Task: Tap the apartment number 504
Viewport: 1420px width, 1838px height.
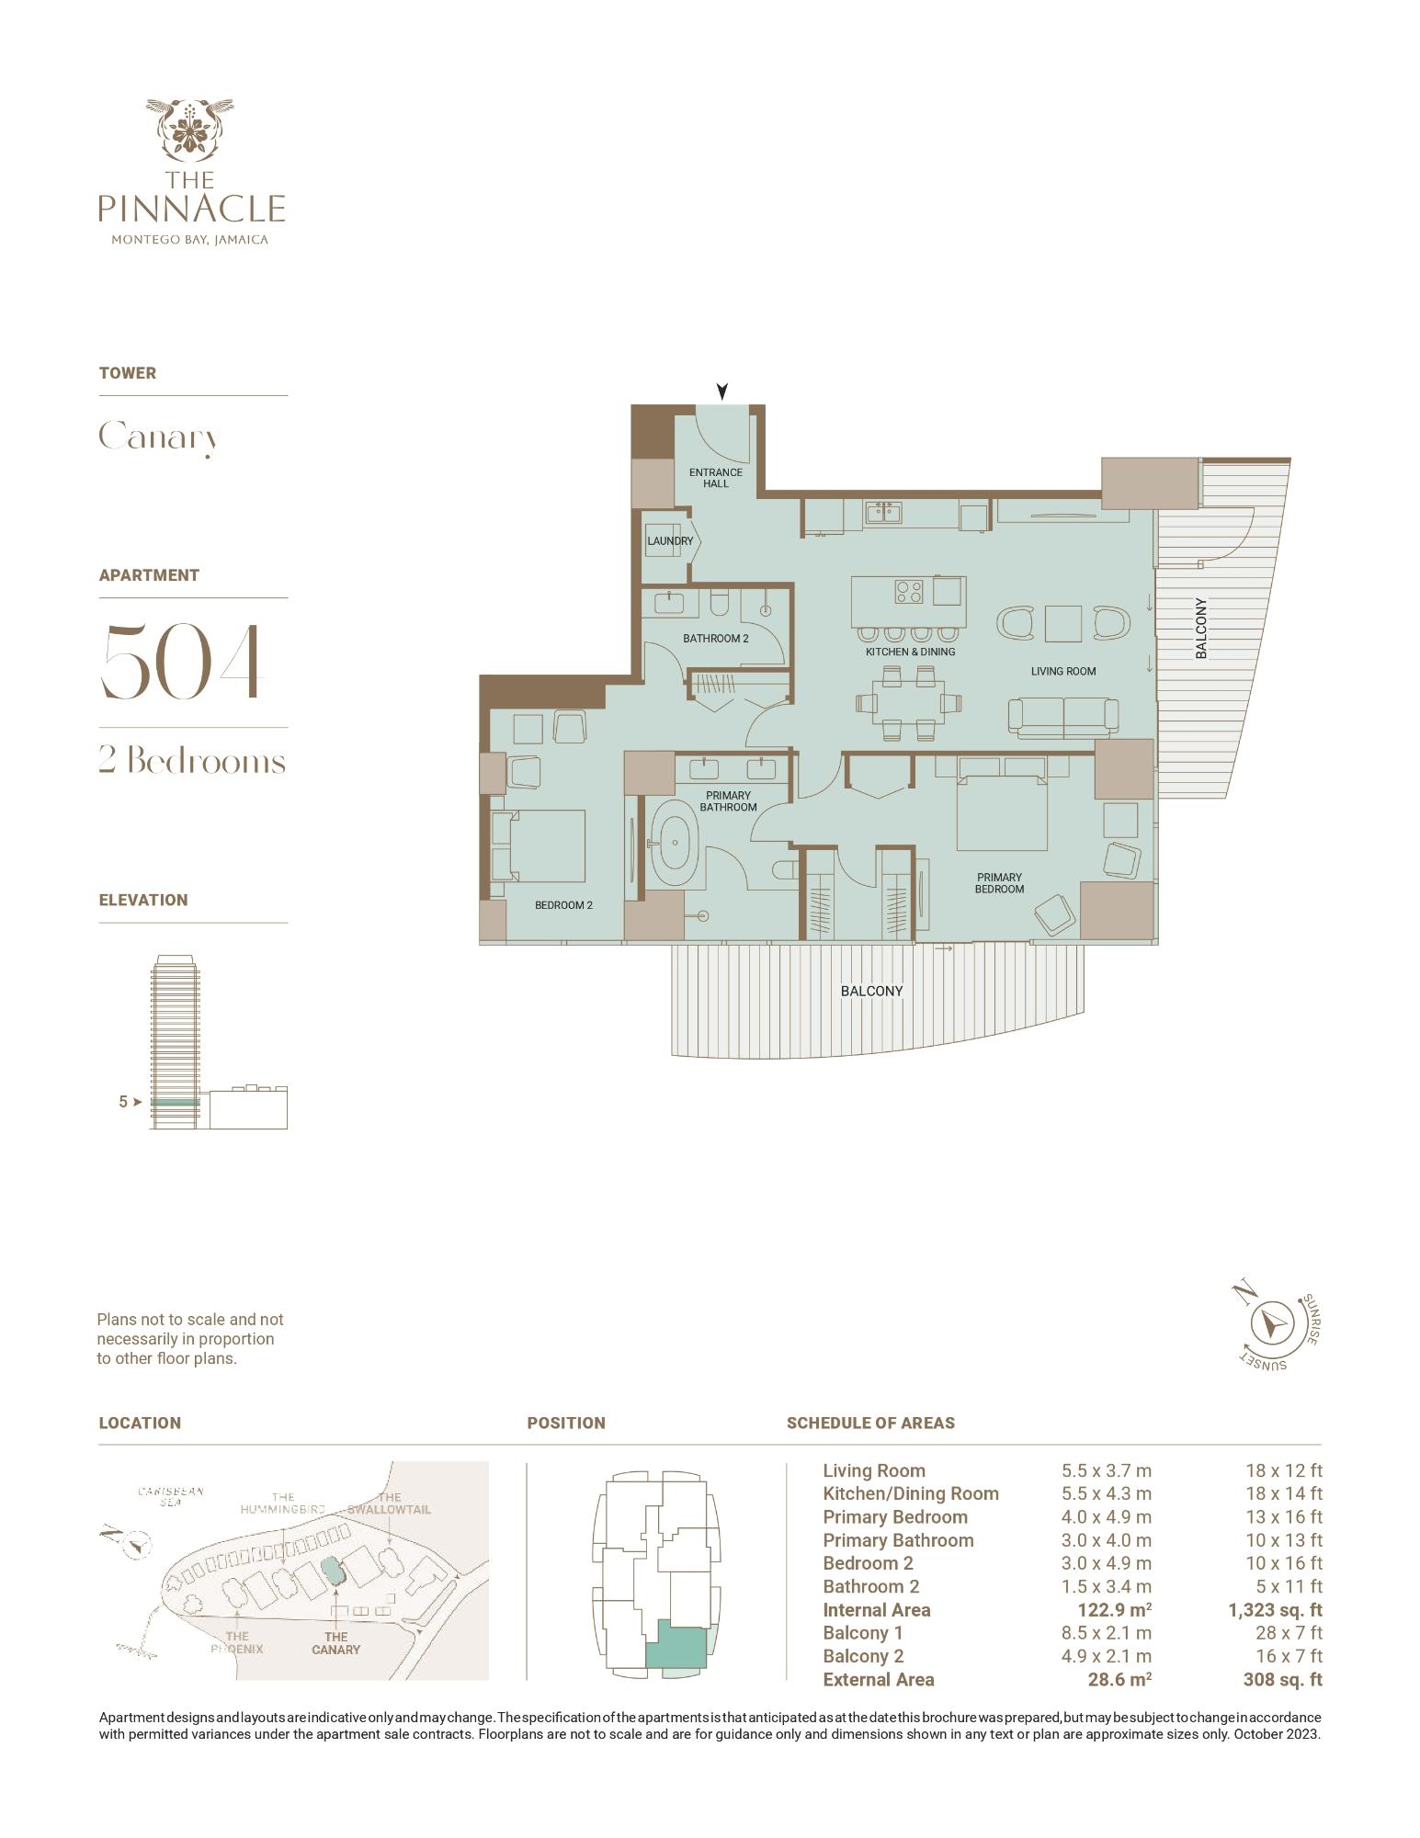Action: (182, 661)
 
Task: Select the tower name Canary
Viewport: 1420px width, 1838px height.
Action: (158, 437)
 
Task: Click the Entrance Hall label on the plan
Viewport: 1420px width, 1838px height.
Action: (716, 478)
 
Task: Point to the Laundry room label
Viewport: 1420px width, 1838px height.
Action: (670, 541)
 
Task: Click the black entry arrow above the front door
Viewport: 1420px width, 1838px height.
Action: (722, 391)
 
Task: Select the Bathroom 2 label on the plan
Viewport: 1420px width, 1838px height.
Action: (716, 638)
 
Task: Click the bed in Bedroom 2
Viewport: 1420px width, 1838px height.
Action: (539, 845)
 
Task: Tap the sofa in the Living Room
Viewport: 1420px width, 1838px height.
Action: (1063, 718)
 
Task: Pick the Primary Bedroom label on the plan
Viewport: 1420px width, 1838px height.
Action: (1000, 883)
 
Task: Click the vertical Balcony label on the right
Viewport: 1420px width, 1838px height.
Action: (1200, 629)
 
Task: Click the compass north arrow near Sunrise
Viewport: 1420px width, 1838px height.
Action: (1273, 1324)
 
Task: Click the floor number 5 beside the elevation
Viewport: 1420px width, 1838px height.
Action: (123, 1101)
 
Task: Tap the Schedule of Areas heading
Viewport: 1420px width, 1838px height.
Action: (870, 1423)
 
